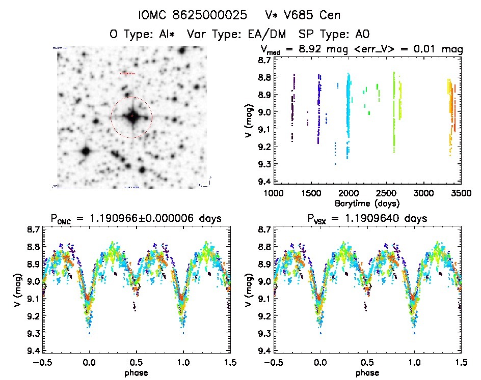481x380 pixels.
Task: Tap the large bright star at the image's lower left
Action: tap(85, 151)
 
